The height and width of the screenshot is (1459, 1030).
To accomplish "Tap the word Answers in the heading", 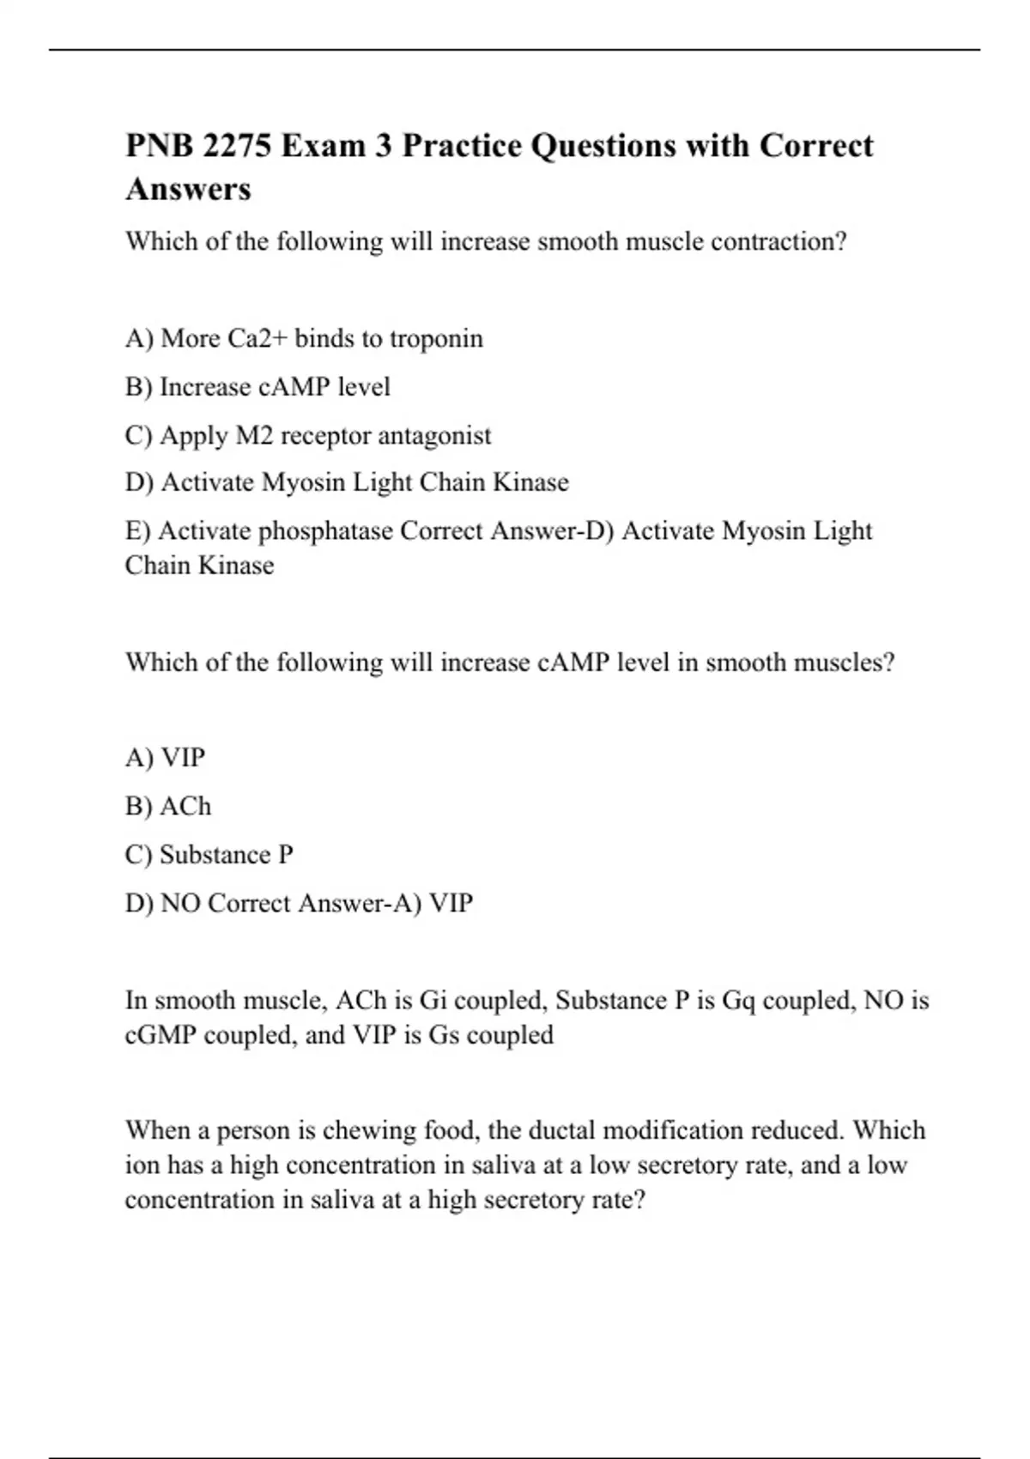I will point(188,189).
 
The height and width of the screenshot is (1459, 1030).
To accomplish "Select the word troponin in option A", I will point(436,338).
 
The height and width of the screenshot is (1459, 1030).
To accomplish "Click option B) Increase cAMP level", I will point(257,387).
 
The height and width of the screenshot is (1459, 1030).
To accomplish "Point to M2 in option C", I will point(254,435).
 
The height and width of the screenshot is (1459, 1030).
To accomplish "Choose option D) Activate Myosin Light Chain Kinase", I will point(347,482).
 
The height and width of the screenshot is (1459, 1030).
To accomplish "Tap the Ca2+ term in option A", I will point(257,338).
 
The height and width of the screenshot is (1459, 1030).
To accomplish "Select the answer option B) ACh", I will point(168,807).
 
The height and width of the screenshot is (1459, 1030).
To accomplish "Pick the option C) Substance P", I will point(209,855).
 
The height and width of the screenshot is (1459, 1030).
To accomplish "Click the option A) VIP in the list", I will point(166,758).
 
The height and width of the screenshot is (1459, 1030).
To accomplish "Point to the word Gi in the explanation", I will point(433,1001).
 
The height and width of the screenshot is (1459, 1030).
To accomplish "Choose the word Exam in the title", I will point(323,146).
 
